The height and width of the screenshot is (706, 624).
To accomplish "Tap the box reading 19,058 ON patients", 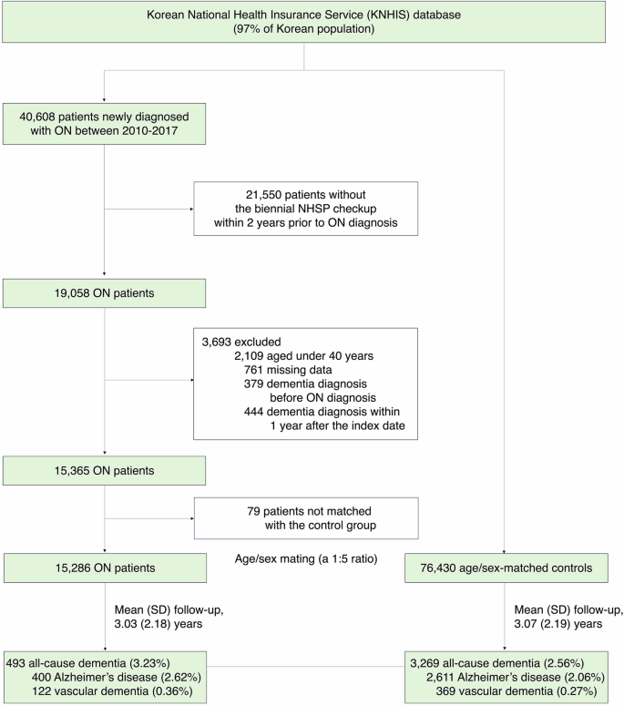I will pyautogui.click(x=105, y=293).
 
